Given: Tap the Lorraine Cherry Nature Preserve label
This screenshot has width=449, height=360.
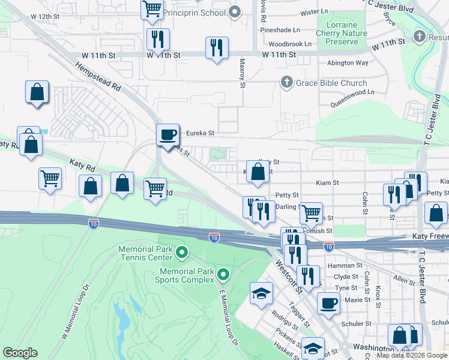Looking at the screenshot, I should [x=345, y=34].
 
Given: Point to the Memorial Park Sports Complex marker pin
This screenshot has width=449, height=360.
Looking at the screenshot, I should [x=224, y=275].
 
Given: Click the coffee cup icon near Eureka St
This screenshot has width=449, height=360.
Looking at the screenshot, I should [x=168, y=134].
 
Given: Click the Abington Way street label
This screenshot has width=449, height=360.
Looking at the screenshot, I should [x=348, y=62].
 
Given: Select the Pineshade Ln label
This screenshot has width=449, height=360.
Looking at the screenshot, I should [x=280, y=30].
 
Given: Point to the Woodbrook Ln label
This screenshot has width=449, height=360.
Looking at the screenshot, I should [x=290, y=44].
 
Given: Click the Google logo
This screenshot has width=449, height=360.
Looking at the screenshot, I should [x=20, y=353].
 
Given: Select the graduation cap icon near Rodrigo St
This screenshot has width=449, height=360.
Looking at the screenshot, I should [x=261, y=293].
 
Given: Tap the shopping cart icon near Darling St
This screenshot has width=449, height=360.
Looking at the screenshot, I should [x=311, y=212].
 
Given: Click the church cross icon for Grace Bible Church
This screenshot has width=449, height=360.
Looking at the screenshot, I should [x=287, y=83].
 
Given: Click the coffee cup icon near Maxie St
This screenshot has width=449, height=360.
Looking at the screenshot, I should [x=328, y=303].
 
